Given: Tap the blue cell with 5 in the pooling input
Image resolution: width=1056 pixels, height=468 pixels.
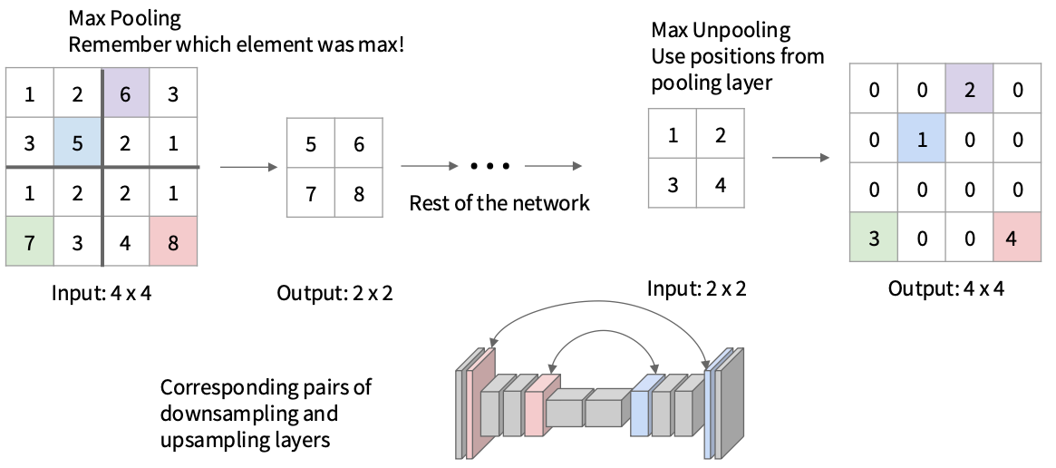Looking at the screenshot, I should pyautogui.click(x=78, y=142).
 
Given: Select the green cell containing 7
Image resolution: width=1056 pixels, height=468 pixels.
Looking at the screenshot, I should pyautogui.click(x=29, y=241).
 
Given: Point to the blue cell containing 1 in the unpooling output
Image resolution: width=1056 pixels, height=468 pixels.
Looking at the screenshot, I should pyautogui.click(x=922, y=141).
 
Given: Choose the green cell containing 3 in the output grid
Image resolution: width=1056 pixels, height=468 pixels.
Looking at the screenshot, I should pyautogui.click(x=874, y=239).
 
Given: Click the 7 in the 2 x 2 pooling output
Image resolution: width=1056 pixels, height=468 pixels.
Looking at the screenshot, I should pyautogui.click(x=311, y=192).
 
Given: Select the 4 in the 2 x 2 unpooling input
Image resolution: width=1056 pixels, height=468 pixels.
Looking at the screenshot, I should pyautogui.click(x=721, y=186).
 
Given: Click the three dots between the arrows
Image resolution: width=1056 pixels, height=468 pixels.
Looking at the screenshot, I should pyautogui.click(x=489, y=166).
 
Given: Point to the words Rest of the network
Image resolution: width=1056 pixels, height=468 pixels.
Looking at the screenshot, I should pyautogui.click(x=499, y=202).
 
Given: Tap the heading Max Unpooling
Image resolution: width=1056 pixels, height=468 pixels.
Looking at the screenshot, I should pyautogui.click(x=721, y=30).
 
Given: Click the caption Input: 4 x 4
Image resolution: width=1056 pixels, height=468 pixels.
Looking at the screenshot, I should pyautogui.click(x=102, y=292).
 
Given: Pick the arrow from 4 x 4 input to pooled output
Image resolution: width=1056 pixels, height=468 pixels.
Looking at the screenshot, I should pyautogui.click(x=247, y=167).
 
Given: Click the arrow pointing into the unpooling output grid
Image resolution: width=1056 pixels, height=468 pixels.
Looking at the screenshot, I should pyautogui.click(x=800, y=158).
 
